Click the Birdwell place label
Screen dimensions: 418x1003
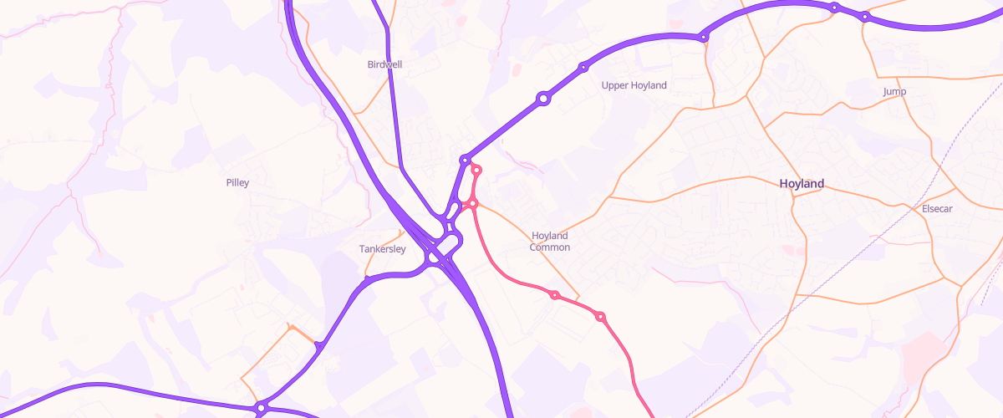coord(385,64)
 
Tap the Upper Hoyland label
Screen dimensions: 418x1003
coord(634,85)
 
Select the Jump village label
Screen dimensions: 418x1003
coord(894,91)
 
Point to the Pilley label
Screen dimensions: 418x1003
coord(237,182)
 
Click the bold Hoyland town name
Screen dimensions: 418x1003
coord(802,183)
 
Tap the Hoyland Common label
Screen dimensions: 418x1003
coord(550,242)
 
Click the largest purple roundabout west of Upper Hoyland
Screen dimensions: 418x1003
coord(543,99)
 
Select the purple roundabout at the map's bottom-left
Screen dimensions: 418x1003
coord(261,408)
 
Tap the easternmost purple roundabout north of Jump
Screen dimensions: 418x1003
coord(865,16)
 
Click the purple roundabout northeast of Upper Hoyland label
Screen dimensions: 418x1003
coord(704,37)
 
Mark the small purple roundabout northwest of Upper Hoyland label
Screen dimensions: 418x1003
coord(583,67)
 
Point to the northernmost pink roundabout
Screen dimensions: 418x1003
coord(477,171)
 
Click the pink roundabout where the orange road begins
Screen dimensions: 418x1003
coord(473,203)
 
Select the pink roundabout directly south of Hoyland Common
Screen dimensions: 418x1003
coord(554,295)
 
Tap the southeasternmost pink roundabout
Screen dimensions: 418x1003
coord(600,316)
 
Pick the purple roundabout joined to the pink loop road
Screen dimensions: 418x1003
coord(465,159)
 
